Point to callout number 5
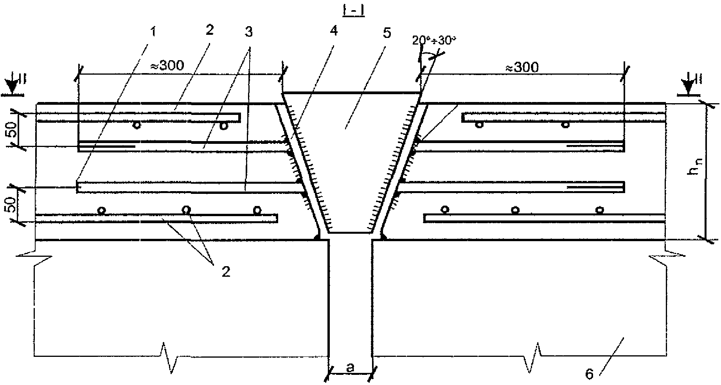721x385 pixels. [x=387, y=32]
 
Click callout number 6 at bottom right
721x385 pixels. [x=589, y=374]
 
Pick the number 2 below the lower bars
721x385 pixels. [x=226, y=272]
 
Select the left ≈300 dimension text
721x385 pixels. [x=167, y=65]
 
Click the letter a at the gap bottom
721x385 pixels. [x=351, y=367]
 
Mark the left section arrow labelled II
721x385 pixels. [x=13, y=87]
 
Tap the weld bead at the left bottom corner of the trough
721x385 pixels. [x=318, y=236]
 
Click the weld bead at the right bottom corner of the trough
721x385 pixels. [x=383, y=236]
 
